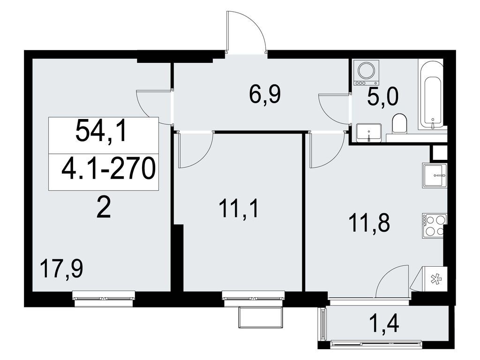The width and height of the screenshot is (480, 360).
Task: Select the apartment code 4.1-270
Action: (x=108, y=170)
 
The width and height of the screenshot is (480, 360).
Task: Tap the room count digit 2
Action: (x=103, y=208)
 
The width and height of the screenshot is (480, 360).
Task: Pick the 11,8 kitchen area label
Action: (x=369, y=224)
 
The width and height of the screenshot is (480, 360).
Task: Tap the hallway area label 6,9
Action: (x=264, y=96)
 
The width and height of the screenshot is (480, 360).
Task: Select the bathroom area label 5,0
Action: (x=382, y=98)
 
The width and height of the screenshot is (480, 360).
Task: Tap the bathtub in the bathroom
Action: (x=431, y=96)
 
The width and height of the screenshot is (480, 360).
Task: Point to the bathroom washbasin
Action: (x=369, y=132)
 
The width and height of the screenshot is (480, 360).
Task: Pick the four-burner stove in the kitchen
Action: (x=434, y=225)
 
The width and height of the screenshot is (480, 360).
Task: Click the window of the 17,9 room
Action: (x=104, y=297)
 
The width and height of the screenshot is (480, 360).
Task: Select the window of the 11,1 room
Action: (x=254, y=297)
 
